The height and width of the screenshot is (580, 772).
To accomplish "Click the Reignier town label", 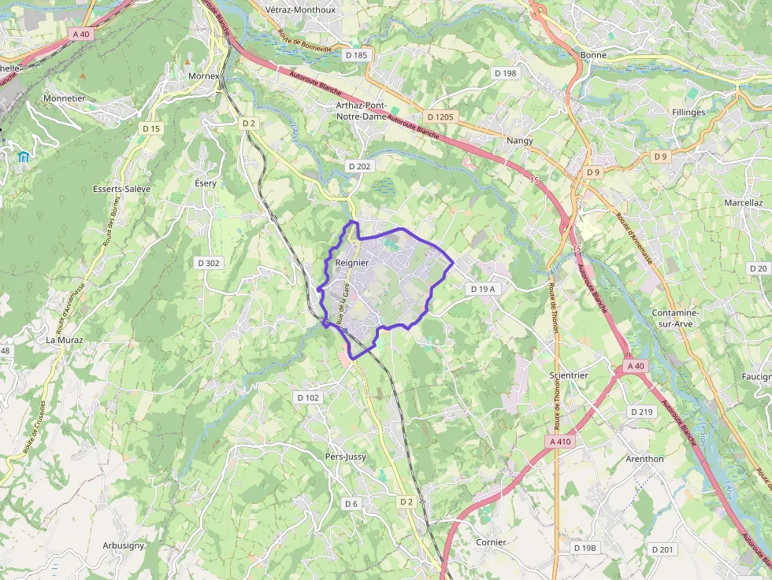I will point(351,262).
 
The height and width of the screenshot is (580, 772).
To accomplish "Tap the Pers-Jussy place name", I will point(346,456).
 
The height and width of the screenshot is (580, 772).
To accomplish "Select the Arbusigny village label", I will point(123,545).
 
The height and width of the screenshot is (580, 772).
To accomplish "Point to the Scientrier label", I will point(569,375).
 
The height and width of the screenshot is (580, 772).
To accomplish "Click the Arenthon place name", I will point(644,459).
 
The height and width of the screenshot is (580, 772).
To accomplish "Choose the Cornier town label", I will point(491,542).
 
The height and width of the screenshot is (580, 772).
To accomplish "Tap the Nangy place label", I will point(520,141).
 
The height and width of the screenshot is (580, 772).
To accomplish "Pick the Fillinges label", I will point(688,113).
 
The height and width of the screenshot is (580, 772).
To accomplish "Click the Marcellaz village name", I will point(743,202).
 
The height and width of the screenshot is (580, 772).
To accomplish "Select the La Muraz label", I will point(64,340).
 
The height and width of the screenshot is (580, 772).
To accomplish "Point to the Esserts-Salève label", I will point(121,189).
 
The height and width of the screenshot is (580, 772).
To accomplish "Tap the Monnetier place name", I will point(65,98).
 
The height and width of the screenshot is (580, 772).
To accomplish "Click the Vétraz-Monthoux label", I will point(301,10).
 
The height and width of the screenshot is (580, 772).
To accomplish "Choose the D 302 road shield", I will point(207,263).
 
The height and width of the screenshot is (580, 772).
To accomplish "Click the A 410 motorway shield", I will point(560,441).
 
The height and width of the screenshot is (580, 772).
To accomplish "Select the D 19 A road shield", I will point(484,289).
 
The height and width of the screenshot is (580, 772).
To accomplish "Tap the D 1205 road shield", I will point(442,116).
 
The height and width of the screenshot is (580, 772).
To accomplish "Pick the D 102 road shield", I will point(309,397).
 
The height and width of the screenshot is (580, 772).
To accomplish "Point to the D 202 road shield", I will point(358,166).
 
